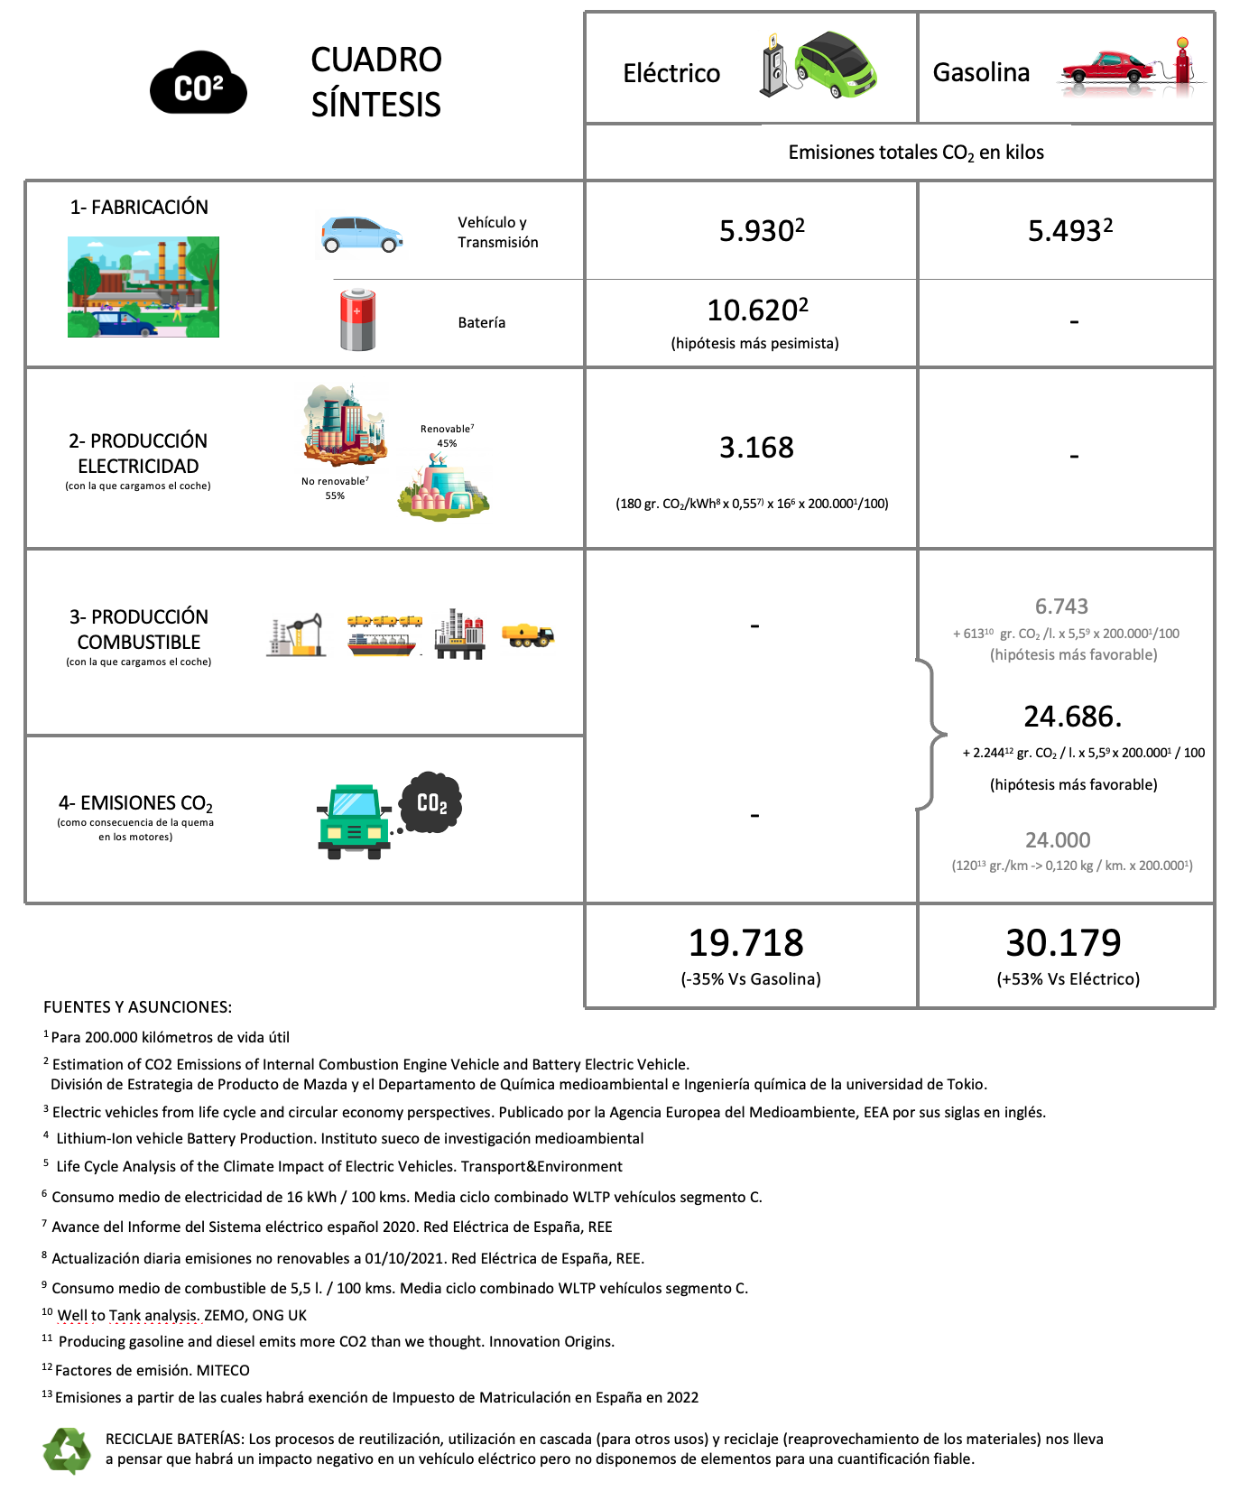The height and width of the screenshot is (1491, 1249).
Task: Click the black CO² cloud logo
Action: (x=199, y=83)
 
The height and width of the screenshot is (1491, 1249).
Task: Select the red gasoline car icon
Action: (x=1106, y=69)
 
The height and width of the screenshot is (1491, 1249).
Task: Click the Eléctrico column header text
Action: (x=671, y=73)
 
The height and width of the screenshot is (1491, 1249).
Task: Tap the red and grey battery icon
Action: (x=357, y=320)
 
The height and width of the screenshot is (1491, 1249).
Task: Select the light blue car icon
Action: (x=362, y=235)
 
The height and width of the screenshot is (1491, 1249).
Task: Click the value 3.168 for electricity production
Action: (x=756, y=448)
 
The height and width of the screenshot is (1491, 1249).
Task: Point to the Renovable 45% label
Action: (x=447, y=436)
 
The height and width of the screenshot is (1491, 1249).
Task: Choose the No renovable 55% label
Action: (x=335, y=488)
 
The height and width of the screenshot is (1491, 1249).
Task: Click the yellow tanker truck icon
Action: (x=528, y=635)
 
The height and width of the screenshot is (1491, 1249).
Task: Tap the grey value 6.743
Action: (x=1061, y=607)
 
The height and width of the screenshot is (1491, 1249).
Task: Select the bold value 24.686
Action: (x=1072, y=717)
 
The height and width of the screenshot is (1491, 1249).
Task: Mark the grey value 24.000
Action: (x=1058, y=840)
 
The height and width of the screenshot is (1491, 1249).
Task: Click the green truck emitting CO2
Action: (x=355, y=820)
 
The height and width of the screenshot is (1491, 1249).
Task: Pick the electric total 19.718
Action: (x=745, y=943)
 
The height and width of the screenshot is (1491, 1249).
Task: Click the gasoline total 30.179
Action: (x=1063, y=943)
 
